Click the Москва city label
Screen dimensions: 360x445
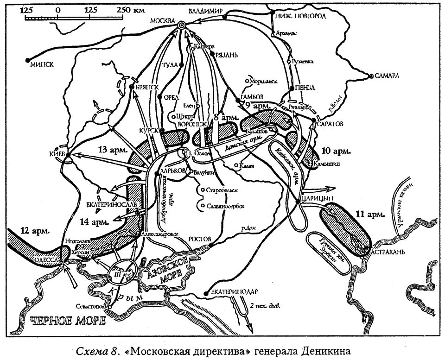161,21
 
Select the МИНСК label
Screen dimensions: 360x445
41,65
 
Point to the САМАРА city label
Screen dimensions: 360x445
387,77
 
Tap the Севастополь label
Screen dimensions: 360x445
92,307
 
